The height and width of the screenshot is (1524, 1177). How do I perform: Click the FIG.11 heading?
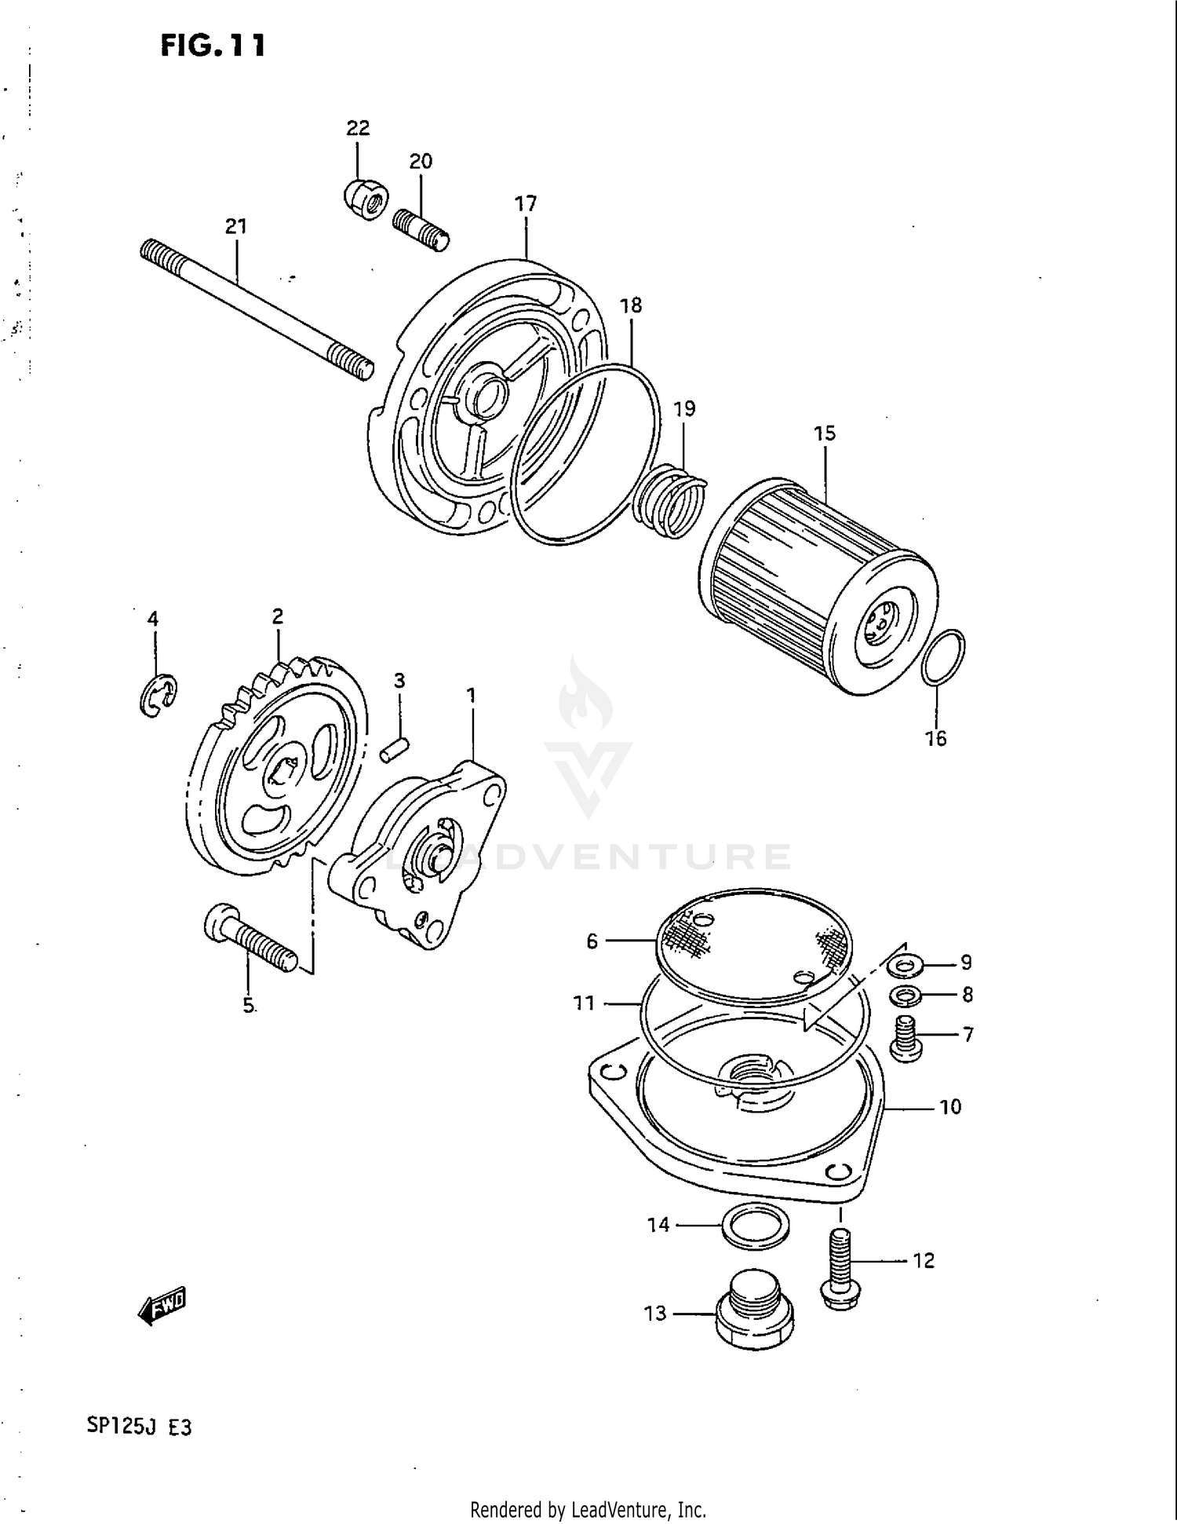[213, 46]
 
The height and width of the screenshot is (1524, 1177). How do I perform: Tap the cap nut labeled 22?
[364, 200]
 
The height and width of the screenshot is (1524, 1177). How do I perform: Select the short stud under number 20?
[421, 228]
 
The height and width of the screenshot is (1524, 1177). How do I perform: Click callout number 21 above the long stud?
[236, 226]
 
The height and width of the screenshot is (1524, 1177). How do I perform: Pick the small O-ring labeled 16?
[942, 656]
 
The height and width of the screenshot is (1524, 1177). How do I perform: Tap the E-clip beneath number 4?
[158, 694]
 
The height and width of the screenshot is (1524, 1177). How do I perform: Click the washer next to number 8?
[906, 996]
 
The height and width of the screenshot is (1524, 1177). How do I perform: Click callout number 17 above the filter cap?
[525, 204]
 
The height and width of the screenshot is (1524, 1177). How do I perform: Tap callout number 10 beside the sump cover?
[949, 1107]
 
